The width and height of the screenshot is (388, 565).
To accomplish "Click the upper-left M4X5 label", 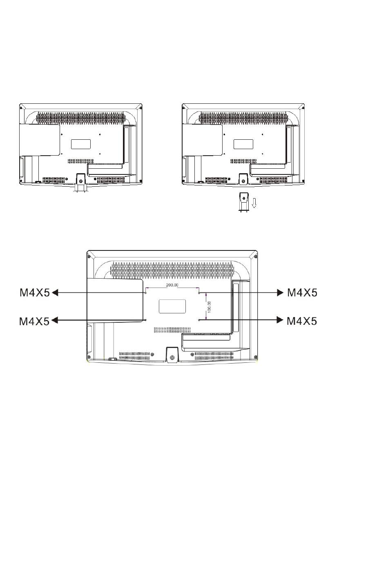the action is pos(35,293).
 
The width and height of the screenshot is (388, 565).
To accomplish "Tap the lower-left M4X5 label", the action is pos(34,322).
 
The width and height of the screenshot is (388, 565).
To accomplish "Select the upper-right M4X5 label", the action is pos(302,293).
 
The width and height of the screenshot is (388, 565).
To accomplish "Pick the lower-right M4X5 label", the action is pos(302,322).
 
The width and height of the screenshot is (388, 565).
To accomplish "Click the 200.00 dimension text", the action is pos(172,285).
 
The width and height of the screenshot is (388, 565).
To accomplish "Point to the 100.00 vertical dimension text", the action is pos(210,307).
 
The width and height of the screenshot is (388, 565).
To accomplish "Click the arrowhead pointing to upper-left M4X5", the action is pos(55,293).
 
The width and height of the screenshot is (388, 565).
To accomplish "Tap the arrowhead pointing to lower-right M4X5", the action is pos(280,320).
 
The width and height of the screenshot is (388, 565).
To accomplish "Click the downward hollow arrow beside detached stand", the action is pos(254,203).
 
